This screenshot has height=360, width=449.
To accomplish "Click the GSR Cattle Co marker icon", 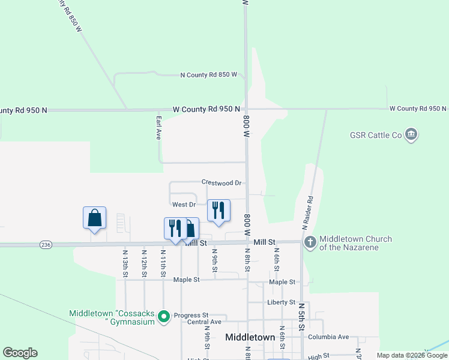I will [x=411, y=134].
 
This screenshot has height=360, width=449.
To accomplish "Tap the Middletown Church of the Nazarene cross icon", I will [x=310, y=242].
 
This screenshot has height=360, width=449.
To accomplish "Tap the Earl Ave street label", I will [x=159, y=128].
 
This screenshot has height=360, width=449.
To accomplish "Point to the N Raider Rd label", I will [x=307, y=211].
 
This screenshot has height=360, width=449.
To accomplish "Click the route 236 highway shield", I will [x=46, y=245].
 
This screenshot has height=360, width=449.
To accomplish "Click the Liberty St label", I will [x=282, y=302].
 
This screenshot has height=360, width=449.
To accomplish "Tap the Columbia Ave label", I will [x=328, y=337].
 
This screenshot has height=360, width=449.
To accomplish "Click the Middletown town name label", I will [x=250, y=337].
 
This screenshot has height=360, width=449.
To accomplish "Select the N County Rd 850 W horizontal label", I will [x=209, y=75].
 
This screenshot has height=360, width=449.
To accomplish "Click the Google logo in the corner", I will [x=20, y=353].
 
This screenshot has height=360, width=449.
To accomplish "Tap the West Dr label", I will [x=184, y=205].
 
